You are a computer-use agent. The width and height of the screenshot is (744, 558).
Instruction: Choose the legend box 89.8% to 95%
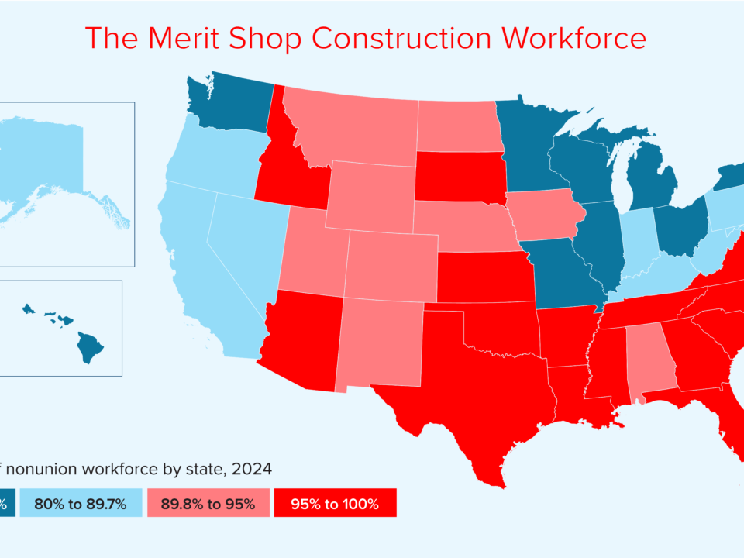point(208,504)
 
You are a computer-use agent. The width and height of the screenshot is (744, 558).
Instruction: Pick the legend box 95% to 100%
point(335,504)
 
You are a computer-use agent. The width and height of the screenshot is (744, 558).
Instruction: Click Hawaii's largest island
point(91,347)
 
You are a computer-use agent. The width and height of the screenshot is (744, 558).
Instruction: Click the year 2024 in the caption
point(251,469)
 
